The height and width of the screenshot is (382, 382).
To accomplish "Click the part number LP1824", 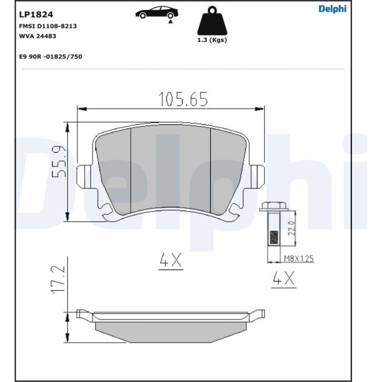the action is (36, 15).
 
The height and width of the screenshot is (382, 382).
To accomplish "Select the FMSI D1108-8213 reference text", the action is (48, 26).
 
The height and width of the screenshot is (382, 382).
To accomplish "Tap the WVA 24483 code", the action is (38, 36).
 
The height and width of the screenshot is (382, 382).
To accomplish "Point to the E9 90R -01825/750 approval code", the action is (51, 57).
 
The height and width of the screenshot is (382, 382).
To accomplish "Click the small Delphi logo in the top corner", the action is (332, 9).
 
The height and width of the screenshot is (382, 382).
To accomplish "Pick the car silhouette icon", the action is (157, 12).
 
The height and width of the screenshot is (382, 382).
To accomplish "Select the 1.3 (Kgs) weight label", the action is (212, 40).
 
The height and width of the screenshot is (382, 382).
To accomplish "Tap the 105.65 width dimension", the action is (183, 99).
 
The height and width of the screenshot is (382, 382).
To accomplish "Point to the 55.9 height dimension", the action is (59, 162).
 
